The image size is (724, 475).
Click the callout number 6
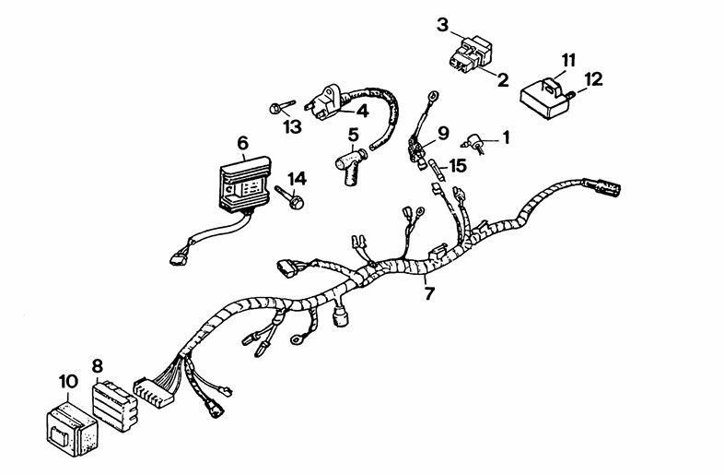point(243,143)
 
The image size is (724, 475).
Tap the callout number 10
point(68,382)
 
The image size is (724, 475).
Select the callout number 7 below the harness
point(429,292)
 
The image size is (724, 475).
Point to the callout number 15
point(458,166)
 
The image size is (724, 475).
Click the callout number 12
point(593,79)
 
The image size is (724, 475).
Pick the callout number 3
point(442,25)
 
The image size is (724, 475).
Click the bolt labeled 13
point(282,107)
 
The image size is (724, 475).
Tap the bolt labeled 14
point(290,196)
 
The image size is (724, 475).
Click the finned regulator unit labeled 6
point(244,184)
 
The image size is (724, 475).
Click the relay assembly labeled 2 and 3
point(469,54)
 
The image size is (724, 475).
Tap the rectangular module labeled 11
point(545,98)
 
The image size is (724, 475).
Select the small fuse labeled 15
point(438,171)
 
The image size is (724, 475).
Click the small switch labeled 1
point(474,144)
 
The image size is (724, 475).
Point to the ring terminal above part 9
point(433,97)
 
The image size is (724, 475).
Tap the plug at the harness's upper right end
point(603,188)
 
